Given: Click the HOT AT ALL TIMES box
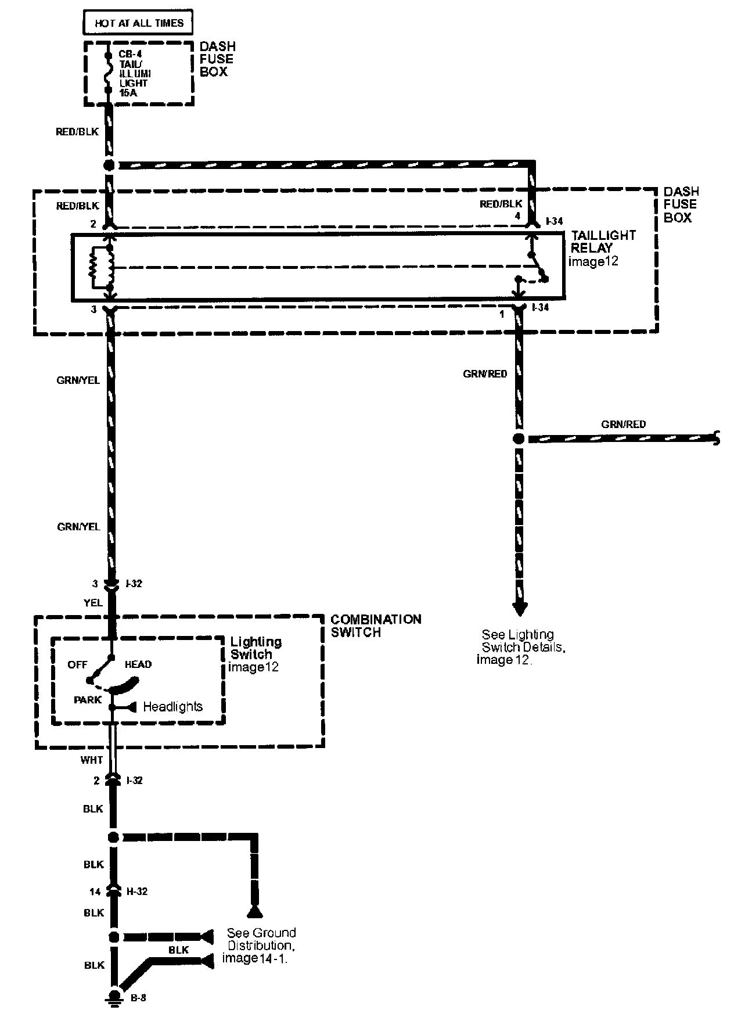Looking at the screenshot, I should click(139, 23).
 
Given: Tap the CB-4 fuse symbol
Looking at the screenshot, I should click(107, 73).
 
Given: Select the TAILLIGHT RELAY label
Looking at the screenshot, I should click(603, 241).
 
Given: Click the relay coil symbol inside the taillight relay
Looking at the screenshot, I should click(102, 268).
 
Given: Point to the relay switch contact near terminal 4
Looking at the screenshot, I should click(537, 268).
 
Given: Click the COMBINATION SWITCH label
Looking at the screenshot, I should click(376, 626).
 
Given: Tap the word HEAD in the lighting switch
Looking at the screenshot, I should click(138, 664).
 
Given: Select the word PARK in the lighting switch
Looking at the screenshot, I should click(88, 700).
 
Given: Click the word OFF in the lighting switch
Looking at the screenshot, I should click(77, 664).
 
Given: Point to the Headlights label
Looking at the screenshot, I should click(172, 707).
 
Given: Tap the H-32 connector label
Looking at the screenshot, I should click(136, 891).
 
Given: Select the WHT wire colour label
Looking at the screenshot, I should click(92, 760).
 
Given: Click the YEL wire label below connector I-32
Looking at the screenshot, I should click(93, 603).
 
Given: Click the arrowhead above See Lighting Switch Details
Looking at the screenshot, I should click(520, 608).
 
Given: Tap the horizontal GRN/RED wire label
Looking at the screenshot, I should click(623, 425).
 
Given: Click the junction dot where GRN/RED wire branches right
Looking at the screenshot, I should click(519, 439).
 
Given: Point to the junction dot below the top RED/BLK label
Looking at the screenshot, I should click(109, 165).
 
